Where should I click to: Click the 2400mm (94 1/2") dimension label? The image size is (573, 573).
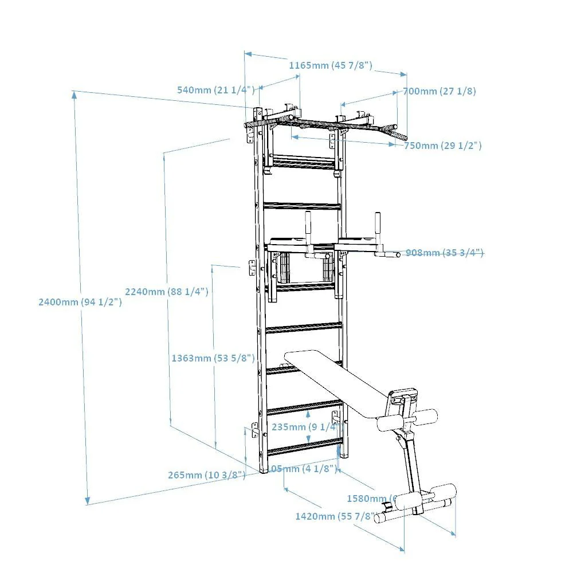pyautogui.click(x=80, y=301)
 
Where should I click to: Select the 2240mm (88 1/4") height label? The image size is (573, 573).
pyautogui.click(x=166, y=291)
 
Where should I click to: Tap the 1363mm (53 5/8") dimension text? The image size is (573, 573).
pyautogui.click(x=213, y=358)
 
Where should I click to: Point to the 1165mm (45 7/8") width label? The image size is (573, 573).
pyautogui.click(x=330, y=65)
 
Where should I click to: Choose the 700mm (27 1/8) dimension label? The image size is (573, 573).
pyautogui.click(x=439, y=91)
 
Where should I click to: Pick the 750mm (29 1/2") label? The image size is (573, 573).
pyautogui.click(x=442, y=146)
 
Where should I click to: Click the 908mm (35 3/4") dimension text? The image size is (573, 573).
pyautogui.click(x=444, y=253)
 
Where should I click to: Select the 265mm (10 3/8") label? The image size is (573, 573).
pyautogui.click(x=206, y=474)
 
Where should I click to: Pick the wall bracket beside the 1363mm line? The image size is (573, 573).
pyautogui.click(x=252, y=267)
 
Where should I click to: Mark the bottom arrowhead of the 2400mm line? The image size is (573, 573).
pyautogui.click(x=87, y=500)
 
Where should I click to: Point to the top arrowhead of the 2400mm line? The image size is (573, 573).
pyautogui.click(x=74, y=95)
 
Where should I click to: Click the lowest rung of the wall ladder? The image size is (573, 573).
pyautogui.click(x=304, y=449)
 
